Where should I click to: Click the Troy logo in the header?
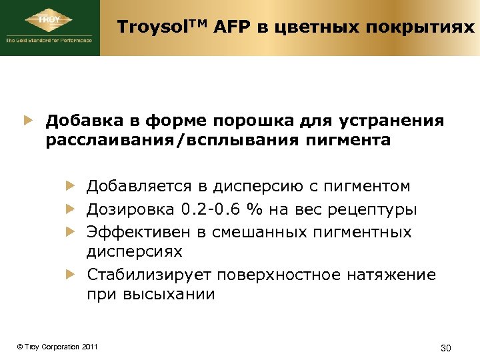tap(50, 25)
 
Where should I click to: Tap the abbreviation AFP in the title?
tap(214, 27)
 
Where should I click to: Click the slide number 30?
tap(447, 348)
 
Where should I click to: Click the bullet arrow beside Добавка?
tap(29, 121)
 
